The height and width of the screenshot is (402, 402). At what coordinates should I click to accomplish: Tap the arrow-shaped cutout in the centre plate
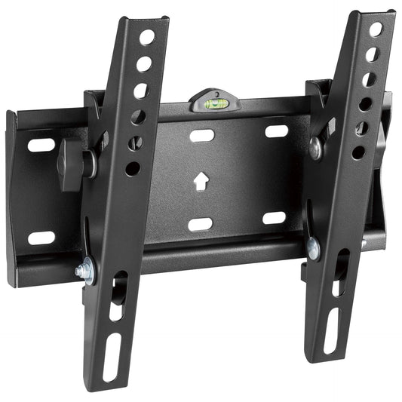[x=201, y=181]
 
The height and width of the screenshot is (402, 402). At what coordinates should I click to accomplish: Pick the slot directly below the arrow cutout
[x=200, y=224]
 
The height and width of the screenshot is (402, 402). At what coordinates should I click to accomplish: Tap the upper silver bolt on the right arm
[x=316, y=148]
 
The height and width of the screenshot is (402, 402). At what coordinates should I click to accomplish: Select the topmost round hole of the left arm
[x=146, y=37]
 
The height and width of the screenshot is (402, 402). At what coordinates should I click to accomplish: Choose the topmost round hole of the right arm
[x=375, y=29]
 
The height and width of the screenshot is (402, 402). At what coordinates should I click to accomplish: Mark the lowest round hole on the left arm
[x=133, y=168]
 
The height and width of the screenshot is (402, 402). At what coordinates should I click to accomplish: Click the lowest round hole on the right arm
[x=358, y=152]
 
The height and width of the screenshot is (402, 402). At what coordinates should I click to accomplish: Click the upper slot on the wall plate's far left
[x=41, y=145]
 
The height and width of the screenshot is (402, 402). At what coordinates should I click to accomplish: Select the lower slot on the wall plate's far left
[x=41, y=238]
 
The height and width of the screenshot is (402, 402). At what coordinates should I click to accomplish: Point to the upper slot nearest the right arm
[x=276, y=131]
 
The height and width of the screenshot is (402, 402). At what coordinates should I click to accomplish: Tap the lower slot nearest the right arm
[x=275, y=218]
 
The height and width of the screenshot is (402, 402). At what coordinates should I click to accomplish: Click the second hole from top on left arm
[x=143, y=64]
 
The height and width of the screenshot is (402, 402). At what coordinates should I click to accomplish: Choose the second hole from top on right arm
[x=372, y=54]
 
